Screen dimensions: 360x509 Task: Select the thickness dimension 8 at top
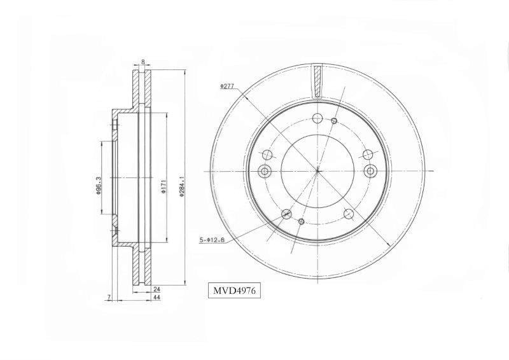(x=143, y=62)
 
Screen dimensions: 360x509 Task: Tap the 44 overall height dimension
(x=157, y=297)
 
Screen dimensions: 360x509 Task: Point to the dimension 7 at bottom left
(x=109, y=297)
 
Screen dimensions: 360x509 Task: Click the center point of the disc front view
(x=317, y=170)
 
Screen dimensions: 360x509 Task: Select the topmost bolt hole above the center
(x=317, y=117)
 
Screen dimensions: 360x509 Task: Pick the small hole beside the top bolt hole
(x=335, y=120)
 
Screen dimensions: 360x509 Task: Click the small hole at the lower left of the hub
(x=302, y=221)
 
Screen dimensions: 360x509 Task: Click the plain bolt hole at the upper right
(x=366, y=153)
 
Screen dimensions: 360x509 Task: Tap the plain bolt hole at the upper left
(x=267, y=153)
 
